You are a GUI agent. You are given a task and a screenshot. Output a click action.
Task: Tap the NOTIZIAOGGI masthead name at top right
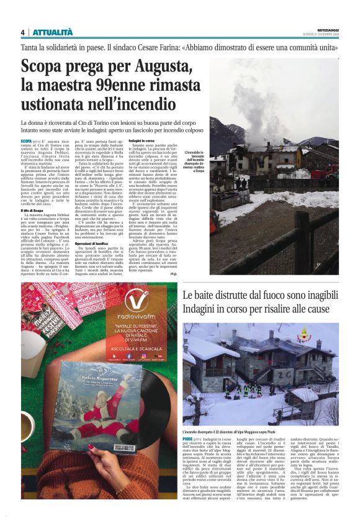click(328, 30)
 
